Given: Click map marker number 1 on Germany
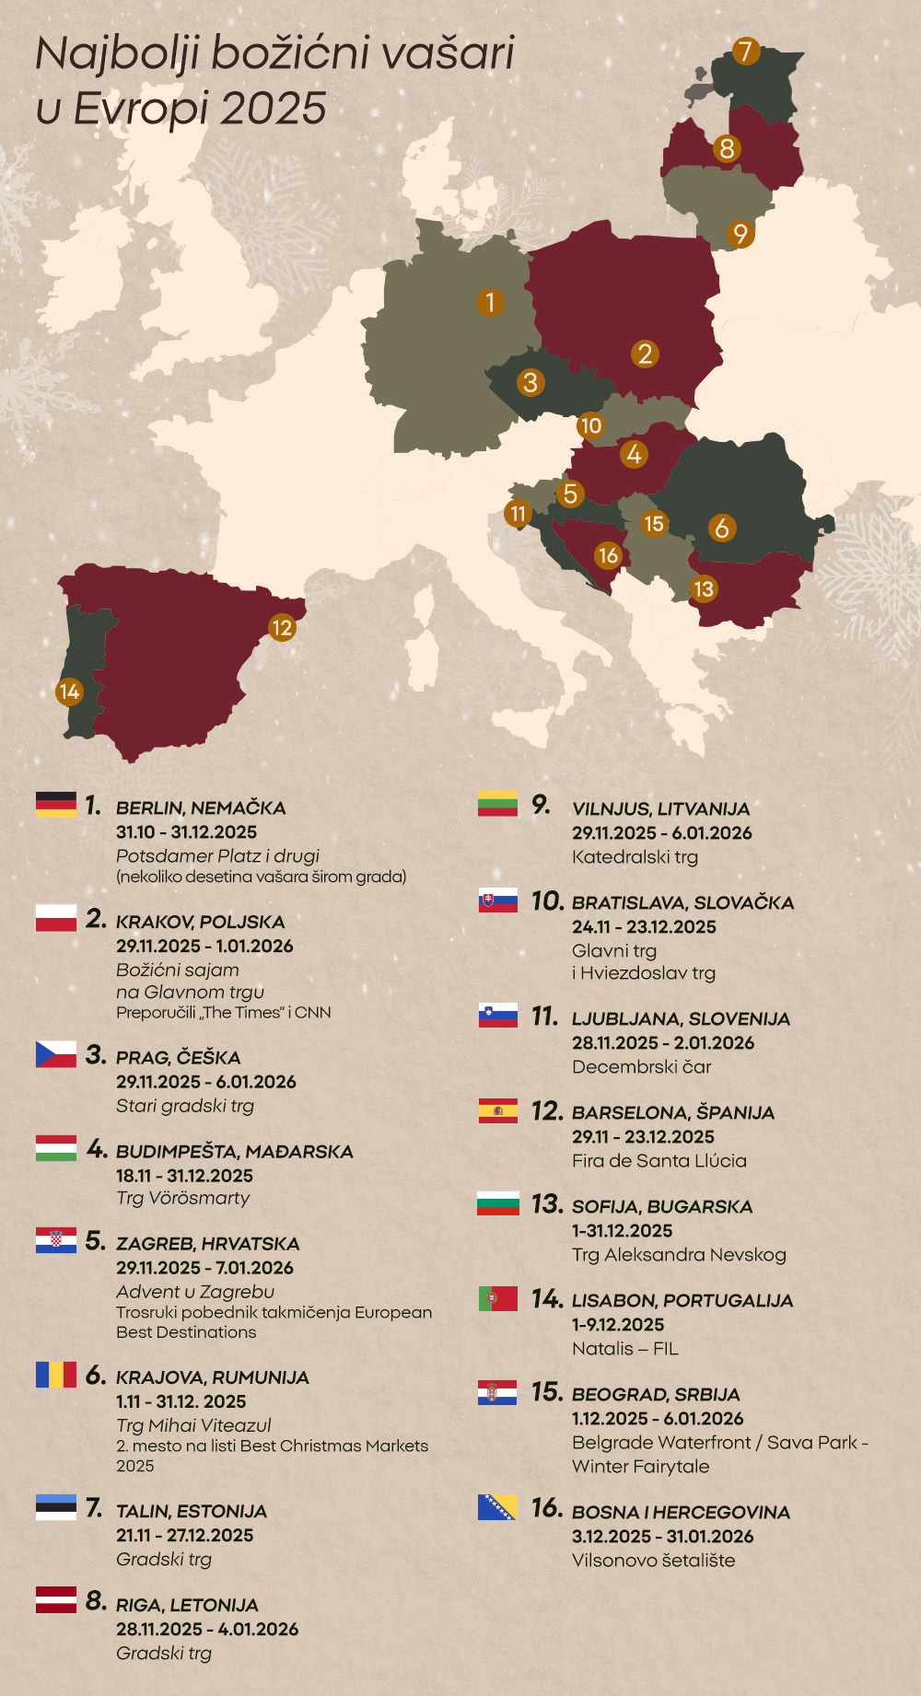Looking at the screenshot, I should (490, 302).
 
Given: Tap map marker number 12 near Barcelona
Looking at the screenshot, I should (282, 628).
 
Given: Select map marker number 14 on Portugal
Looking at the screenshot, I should (69, 691).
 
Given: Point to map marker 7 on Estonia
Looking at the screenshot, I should (746, 52).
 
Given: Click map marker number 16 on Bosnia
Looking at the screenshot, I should (608, 555).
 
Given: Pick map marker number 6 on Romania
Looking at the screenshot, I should (722, 528).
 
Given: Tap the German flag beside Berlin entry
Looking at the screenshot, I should (56, 805).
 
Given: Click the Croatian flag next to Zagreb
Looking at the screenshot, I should (56, 1240).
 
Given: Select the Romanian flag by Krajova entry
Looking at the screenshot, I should (56, 1375).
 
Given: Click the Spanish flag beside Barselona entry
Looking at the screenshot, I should (498, 1110).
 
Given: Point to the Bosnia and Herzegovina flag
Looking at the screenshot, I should (497, 1507).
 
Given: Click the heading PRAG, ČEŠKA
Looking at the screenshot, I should (178, 1058).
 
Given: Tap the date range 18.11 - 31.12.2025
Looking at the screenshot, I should (184, 1176).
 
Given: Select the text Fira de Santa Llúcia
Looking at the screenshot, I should (659, 1161).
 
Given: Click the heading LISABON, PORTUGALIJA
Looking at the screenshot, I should (682, 1301).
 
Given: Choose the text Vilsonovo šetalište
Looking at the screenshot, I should (653, 1561).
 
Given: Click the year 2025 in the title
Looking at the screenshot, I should (274, 109).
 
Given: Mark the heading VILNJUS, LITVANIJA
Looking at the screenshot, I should (660, 809).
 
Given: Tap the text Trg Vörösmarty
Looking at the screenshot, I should (182, 1198).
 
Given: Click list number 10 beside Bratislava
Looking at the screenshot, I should (547, 901).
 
